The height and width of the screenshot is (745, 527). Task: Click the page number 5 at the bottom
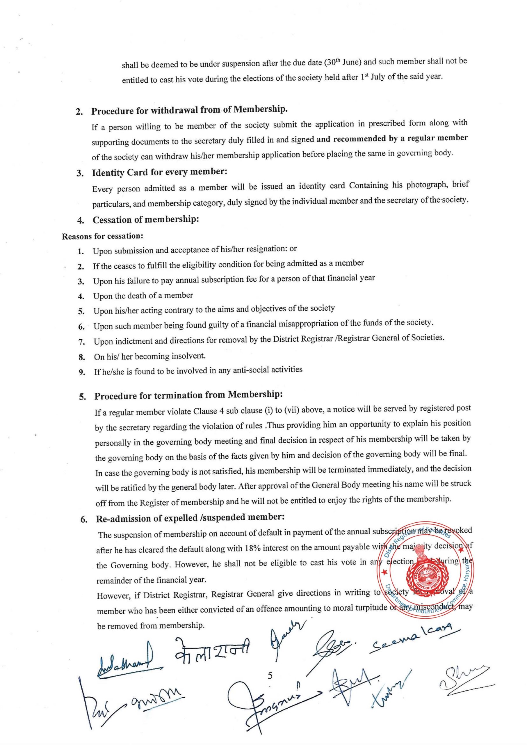(270, 675)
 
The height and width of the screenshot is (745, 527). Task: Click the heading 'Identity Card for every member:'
(159, 172)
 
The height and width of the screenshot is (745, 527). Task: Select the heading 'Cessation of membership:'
(146, 220)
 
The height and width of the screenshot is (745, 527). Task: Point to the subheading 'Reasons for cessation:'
(103, 236)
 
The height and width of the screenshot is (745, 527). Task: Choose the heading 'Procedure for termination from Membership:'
(188, 395)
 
